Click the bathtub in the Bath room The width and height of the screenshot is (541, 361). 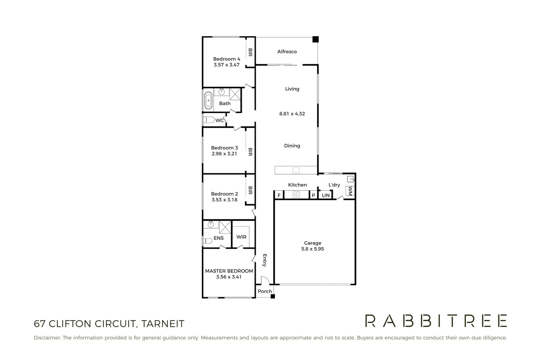tap(208, 100)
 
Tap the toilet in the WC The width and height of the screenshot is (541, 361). tap(208, 120)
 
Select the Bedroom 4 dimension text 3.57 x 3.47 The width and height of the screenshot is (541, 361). tap(226, 65)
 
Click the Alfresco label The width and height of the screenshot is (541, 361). tap(287, 51)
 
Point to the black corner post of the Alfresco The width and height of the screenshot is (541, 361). tap(316, 39)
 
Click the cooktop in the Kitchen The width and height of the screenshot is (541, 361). tap(296, 194)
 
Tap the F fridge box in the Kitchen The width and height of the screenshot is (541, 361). tap(279, 195)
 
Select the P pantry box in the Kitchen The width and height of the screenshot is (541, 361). tap(313, 195)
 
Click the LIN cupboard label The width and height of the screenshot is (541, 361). tap(326, 195)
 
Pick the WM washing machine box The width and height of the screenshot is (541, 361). tap(350, 192)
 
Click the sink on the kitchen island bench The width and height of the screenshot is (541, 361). tap(296, 170)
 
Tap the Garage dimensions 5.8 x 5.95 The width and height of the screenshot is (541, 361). tap(312, 249)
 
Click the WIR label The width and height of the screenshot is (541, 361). tap(241, 237)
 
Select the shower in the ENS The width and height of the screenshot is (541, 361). tap(225, 227)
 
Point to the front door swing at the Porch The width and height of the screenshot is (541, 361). tap(264, 280)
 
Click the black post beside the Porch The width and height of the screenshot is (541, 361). tap(273, 296)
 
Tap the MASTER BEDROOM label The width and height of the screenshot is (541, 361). tap(229, 271)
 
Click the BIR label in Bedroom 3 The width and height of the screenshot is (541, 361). tap(250, 152)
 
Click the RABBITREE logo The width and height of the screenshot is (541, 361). tap(436, 321)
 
